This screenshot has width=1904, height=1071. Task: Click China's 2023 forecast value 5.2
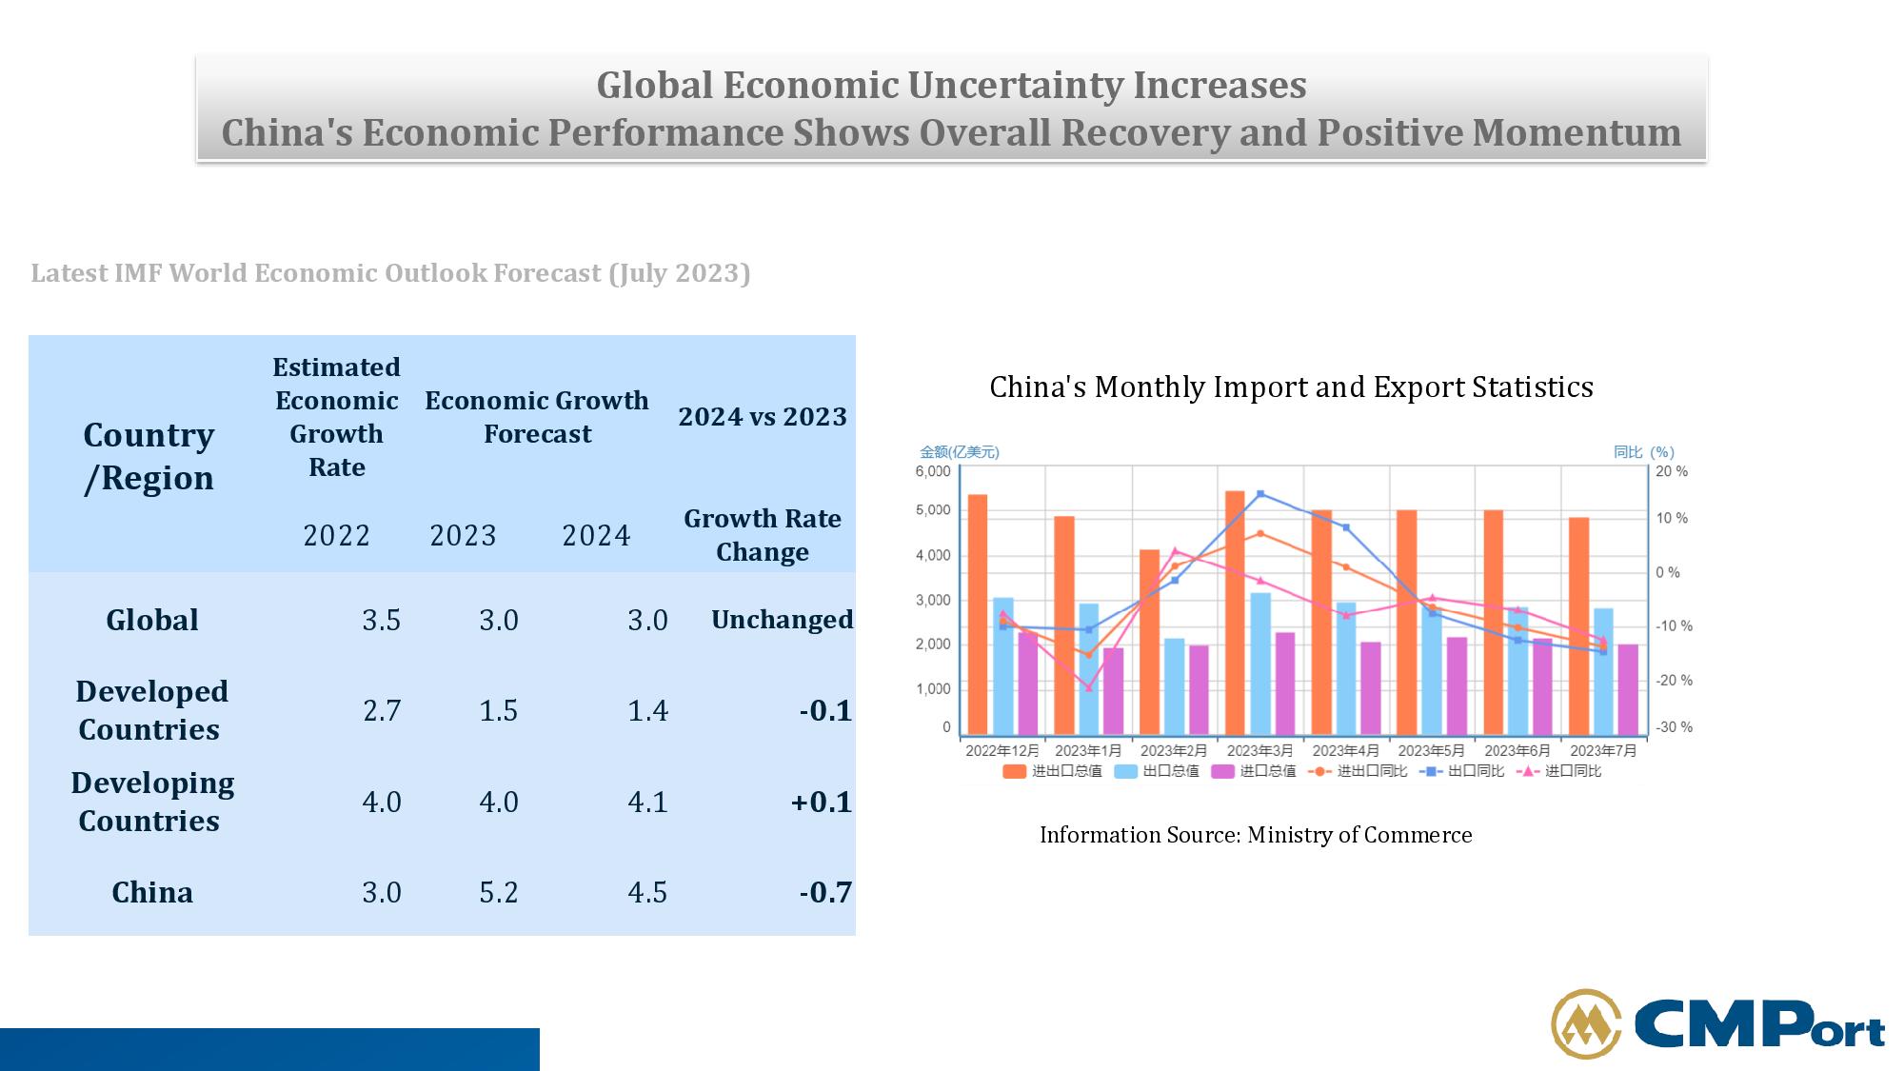498,892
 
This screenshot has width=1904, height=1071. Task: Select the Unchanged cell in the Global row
782,620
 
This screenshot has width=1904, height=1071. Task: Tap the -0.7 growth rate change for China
824,892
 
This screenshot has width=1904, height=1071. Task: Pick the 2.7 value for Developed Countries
381,710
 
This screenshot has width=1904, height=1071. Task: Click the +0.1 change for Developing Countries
821,802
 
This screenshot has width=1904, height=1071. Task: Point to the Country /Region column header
149,456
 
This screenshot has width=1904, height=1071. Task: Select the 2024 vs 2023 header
762,417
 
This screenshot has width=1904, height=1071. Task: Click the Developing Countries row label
151,802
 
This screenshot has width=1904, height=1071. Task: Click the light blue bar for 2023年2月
1174,686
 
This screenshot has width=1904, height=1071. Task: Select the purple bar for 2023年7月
1628,689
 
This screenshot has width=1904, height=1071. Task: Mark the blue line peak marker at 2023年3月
1260,494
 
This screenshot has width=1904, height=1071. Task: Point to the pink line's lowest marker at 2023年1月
1089,688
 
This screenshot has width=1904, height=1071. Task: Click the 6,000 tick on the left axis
933,471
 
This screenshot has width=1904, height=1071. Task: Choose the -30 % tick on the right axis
1674,727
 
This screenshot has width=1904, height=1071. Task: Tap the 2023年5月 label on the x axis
1431,750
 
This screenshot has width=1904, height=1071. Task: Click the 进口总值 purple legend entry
1254,771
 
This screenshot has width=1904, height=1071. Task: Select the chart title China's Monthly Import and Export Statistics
1291,387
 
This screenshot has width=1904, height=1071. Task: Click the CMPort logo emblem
1586,1024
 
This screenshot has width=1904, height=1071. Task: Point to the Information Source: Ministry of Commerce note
1256,835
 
